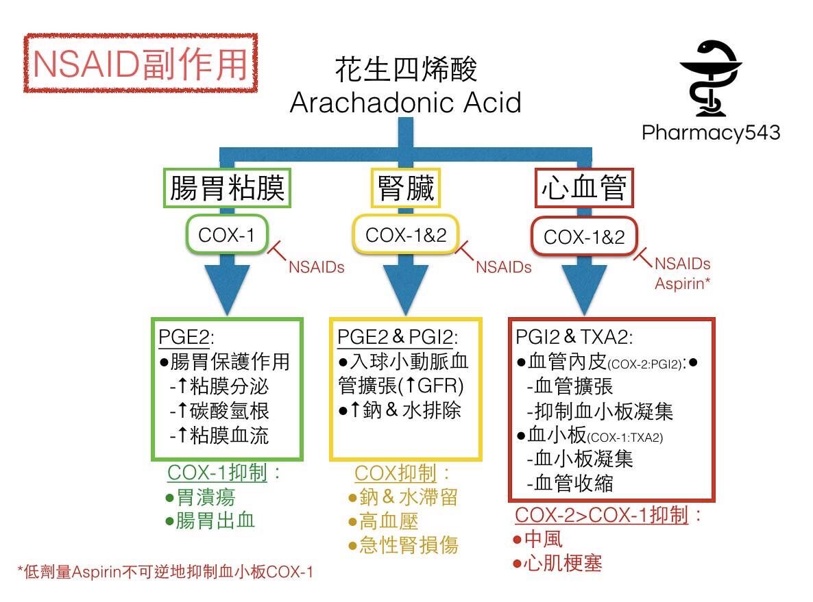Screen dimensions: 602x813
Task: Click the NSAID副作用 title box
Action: [140, 63]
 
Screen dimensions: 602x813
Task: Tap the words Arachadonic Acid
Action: [405, 103]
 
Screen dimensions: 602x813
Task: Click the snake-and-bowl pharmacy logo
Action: [710, 78]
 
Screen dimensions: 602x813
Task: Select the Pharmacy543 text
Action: [711, 131]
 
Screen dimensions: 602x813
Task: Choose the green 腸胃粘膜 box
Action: [226, 188]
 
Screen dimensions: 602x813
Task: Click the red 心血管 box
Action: [584, 188]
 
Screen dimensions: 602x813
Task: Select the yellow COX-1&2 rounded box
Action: [406, 235]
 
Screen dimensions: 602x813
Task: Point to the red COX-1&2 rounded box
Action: [584, 237]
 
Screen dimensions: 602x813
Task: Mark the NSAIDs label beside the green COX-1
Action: [316, 267]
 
